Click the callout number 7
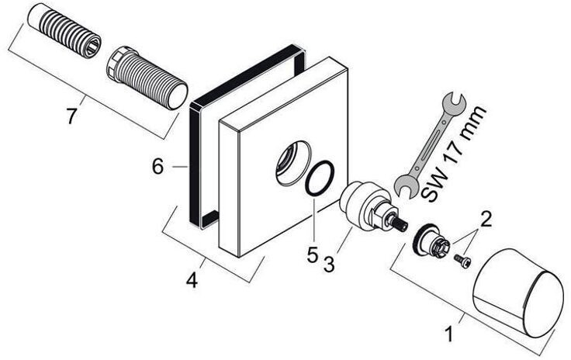(71, 116)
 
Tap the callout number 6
(157, 166)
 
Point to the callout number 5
(312, 254)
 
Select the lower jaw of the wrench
(403, 185)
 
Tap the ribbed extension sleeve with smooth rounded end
(147, 77)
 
